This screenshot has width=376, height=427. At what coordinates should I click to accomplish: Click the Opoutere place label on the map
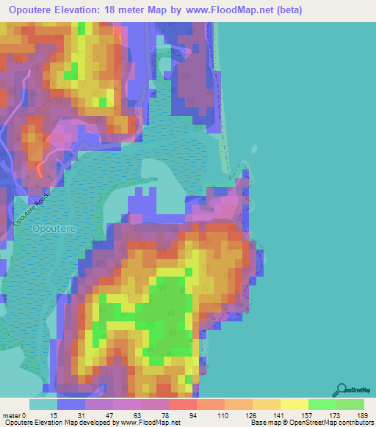click(52, 229)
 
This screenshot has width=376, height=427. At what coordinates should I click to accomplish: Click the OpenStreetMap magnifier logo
click(341, 390)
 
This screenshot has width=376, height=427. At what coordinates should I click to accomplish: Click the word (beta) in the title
click(292, 11)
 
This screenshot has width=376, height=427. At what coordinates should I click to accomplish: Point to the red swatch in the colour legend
click(182, 404)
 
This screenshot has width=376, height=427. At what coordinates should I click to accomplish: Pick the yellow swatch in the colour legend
click(294, 404)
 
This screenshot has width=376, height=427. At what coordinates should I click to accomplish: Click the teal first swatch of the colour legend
click(43, 404)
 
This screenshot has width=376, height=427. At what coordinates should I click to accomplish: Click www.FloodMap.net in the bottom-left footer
click(147, 423)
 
